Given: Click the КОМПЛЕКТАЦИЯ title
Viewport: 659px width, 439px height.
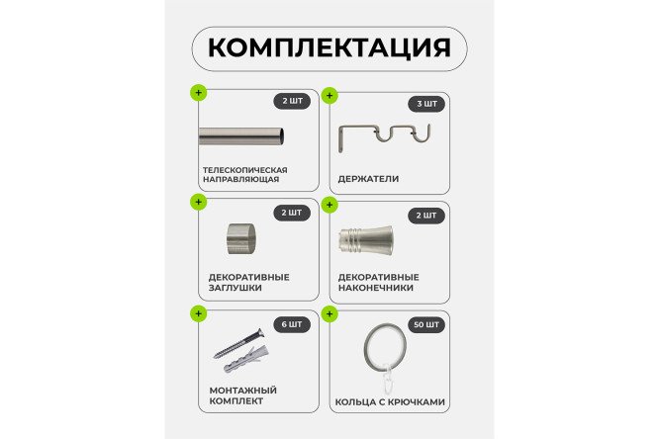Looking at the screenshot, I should (329, 47).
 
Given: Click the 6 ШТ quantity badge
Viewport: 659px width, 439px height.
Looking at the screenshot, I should (292, 323).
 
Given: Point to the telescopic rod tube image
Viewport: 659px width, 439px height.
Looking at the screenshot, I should (242, 136).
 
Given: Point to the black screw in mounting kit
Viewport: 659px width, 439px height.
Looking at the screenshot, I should (237, 343).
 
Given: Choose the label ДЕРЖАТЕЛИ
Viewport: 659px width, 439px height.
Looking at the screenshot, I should (368, 179).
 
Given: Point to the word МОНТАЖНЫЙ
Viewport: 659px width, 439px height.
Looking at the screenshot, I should (240, 391).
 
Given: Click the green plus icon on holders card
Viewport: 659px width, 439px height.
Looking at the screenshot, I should (329, 95).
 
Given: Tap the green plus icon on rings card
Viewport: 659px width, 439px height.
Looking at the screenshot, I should (329, 313).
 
